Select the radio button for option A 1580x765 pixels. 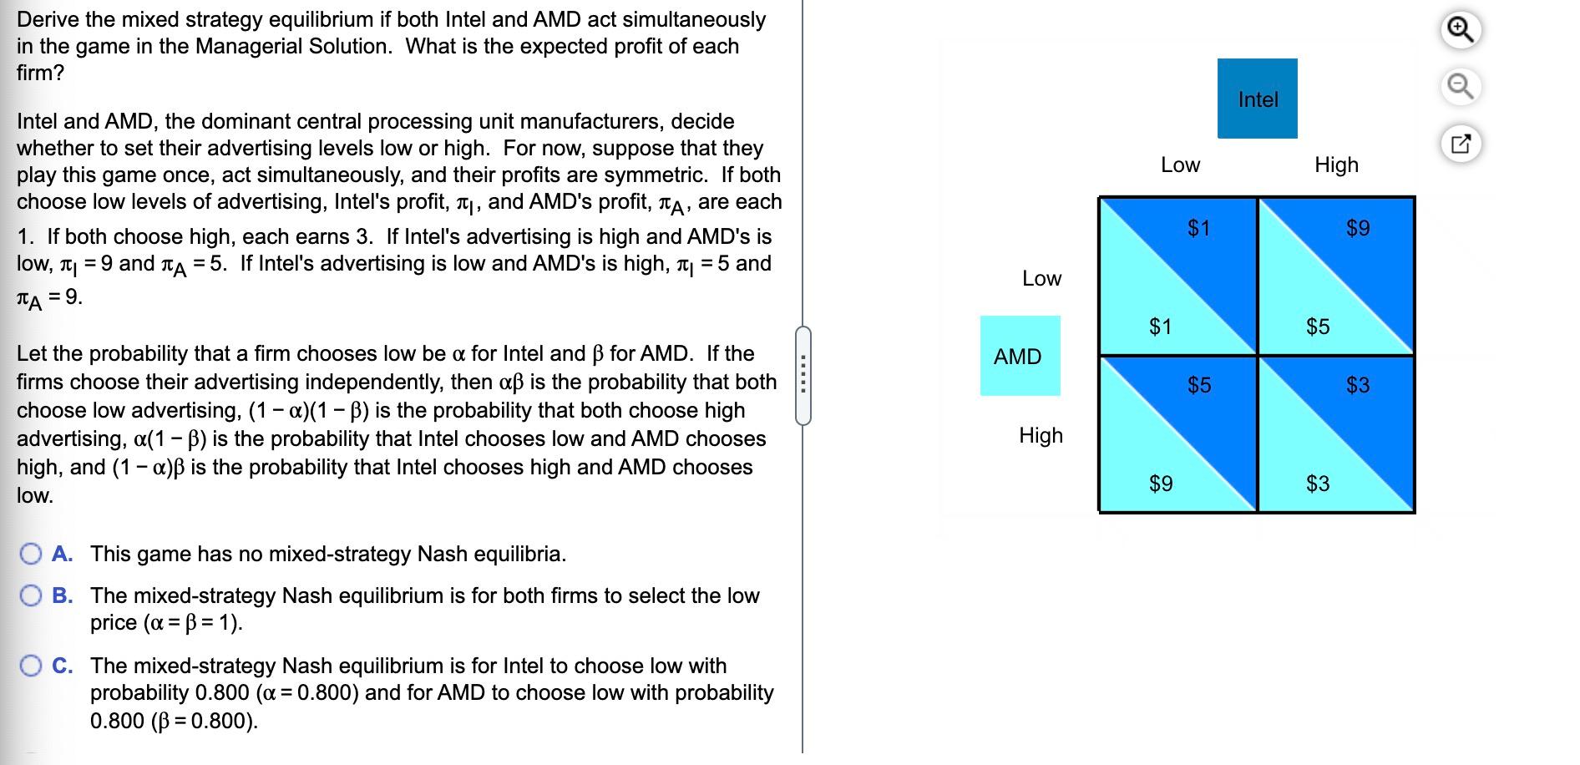pyautogui.click(x=32, y=555)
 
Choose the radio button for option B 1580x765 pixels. pyautogui.click(x=32, y=595)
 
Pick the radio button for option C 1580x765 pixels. pyautogui.click(x=32, y=666)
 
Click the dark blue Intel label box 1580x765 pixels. pyautogui.click(x=1257, y=99)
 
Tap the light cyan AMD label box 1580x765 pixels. pyautogui.click(x=1019, y=357)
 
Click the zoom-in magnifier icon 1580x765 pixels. pyautogui.click(x=1460, y=31)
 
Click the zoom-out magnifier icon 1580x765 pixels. pyautogui.click(x=1460, y=86)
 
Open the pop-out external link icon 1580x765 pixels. pyautogui.click(x=1460, y=143)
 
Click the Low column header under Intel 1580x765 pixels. pyautogui.click(x=1180, y=165)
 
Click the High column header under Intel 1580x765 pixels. pyautogui.click(x=1336, y=165)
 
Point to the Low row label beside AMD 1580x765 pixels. pyautogui.click(x=1041, y=279)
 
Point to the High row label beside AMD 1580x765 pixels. pyautogui.click(x=1041, y=436)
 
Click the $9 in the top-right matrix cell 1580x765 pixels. pyautogui.click(x=1358, y=228)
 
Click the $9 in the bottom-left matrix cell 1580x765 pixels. pyautogui.click(x=1161, y=484)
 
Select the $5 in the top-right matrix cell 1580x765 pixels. pyautogui.click(x=1318, y=327)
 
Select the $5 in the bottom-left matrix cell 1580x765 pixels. pyautogui.click(x=1199, y=385)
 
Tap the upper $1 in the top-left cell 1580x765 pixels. pyautogui.click(x=1199, y=228)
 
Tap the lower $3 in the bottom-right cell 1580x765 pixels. pyautogui.click(x=1318, y=484)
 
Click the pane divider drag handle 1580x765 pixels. pyautogui.click(x=803, y=376)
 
